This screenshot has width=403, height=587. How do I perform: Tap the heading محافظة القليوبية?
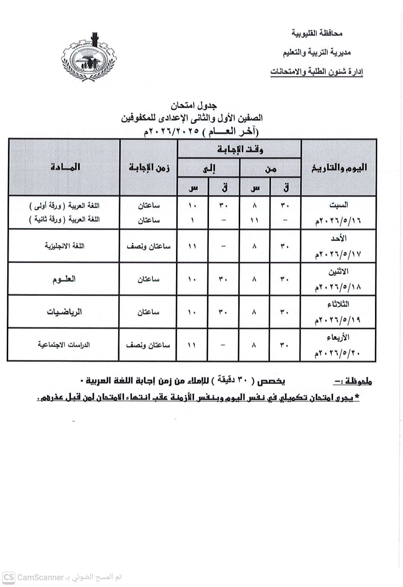(x=317, y=33)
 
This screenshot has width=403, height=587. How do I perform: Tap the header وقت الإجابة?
(x=239, y=149)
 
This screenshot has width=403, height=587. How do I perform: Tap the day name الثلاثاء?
(x=338, y=305)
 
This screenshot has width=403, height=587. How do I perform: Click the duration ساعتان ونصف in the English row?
(x=148, y=246)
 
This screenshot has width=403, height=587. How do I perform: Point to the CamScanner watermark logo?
(x=9, y=578)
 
